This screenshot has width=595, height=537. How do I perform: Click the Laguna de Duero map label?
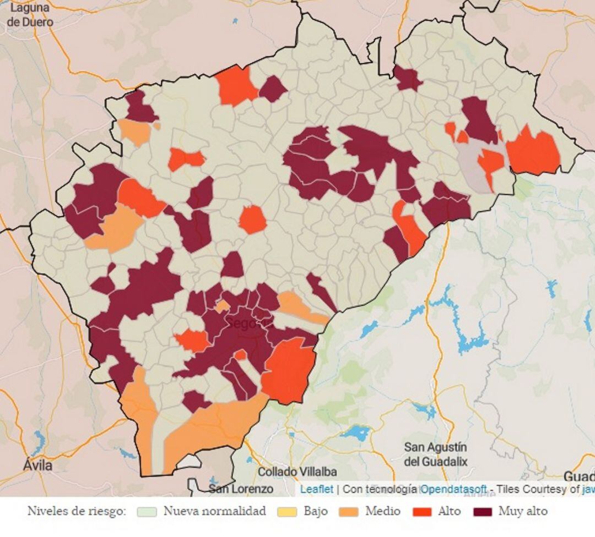point(31,15)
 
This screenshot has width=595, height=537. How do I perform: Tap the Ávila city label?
point(39,465)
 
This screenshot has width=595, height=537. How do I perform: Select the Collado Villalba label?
point(297,472)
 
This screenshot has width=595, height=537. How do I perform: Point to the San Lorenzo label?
point(241,489)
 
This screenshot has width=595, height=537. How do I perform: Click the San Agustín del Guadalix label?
point(435,454)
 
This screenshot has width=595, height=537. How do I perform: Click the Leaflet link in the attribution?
point(317,489)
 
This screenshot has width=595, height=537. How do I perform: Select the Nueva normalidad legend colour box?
point(147,512)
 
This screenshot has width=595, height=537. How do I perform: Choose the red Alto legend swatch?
point(421,512)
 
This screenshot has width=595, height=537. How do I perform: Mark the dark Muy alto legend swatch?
point(483,512)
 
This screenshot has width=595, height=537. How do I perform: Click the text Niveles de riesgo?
point(77,512)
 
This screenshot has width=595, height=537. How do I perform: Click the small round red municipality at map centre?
point(253,220)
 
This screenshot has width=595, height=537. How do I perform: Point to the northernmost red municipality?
point(236,85)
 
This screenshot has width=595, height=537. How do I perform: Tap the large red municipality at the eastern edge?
point(533,152)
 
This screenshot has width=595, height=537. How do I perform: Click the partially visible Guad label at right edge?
point(579,476)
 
